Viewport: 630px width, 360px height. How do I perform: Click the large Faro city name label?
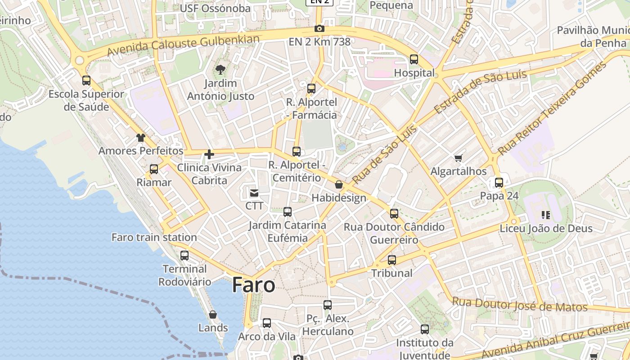point(254,285)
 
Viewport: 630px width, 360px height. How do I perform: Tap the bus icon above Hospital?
point(414,59)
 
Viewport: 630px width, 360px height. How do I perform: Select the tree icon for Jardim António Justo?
point(220,69)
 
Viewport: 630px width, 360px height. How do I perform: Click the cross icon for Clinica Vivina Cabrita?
point(209,154)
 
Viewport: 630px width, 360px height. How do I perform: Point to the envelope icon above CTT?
point(254,193)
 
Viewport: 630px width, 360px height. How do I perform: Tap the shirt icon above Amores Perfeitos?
point(141,137)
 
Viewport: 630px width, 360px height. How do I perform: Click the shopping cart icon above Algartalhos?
point(459,158)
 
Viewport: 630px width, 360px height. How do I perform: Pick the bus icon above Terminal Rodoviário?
point(184,255)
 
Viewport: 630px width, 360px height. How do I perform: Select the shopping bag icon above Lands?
point(213,314)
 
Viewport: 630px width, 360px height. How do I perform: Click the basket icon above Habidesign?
point(339,184)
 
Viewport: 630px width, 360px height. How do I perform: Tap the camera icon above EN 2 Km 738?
point(319,29)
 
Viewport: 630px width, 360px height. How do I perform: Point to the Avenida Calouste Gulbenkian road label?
point(184,46)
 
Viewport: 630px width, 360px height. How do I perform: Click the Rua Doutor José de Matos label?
point(520,305)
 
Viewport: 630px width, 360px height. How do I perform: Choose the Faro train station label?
point(154,237)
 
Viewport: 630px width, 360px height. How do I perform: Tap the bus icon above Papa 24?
point(499,182)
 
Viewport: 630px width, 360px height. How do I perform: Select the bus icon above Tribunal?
point(392,260)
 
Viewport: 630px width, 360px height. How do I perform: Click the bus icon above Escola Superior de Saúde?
point(86,81)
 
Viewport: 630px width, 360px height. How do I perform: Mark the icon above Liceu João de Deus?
point(546,215)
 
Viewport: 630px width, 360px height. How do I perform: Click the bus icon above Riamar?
point(154,169)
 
